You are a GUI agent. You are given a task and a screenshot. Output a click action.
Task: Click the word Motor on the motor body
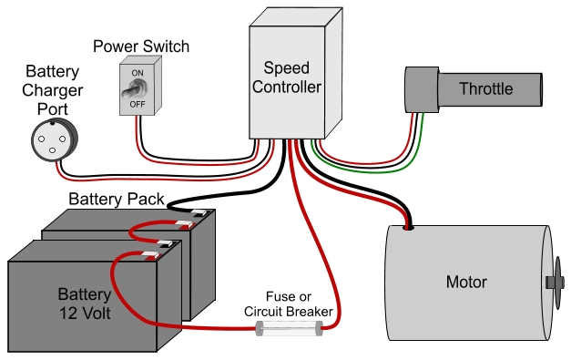tap(465, 282)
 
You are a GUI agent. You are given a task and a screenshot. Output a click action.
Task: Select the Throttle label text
tap(485, 89)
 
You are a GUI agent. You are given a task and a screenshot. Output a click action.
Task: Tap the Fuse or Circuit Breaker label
tap(288, 304)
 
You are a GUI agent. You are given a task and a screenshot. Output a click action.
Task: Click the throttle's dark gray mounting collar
tap(420, 89)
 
